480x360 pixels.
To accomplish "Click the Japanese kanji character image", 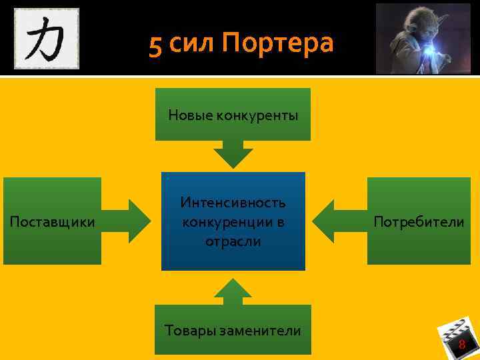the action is click(46, 38).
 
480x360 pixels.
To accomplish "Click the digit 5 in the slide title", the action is click(155, 45).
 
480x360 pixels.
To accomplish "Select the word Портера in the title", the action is click(277, 44).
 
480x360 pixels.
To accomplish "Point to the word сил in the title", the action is click(192, 45).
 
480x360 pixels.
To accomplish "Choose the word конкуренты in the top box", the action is click(257, 115).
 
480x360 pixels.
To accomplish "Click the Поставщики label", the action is click(52, 221).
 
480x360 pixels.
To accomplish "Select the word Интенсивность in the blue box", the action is click(233, 202).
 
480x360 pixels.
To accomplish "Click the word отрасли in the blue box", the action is click(233, 241).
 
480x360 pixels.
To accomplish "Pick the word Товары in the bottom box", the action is click(189, 330).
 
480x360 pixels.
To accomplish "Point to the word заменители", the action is click(261, 330).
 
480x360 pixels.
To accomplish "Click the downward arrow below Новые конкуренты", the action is click(233, 155).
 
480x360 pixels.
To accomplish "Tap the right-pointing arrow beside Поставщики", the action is click(129, 220).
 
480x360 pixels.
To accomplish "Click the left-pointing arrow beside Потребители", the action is click(337, 220).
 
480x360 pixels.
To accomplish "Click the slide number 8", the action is click(461, 344).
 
